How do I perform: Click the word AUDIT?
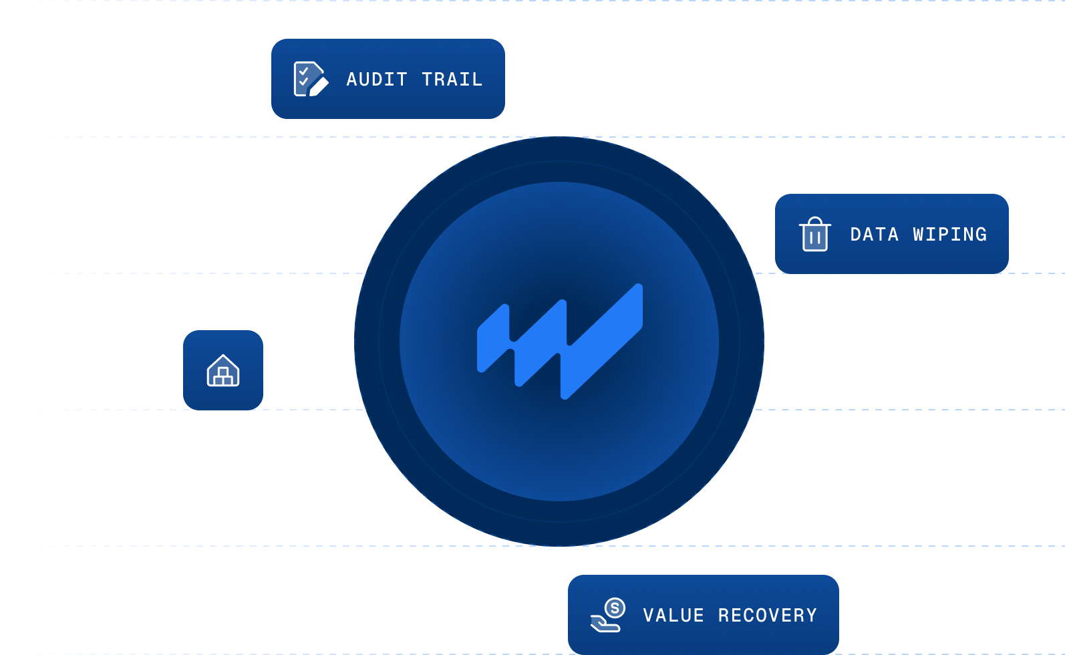click(377, 80)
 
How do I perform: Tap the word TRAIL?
click(452, 80)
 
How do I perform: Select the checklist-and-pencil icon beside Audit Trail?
click(311, 79)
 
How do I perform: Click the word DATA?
click(875, 235)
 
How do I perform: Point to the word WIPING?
click(950, 235)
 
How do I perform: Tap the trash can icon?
click(815, 234)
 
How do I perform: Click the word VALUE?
click(673, 616)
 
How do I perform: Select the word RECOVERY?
click(768, 616)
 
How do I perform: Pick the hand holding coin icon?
click(607, 615)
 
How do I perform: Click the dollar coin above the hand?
click(615, 608)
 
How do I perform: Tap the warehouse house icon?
click(223, 370)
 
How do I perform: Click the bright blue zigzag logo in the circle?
click(560, 342)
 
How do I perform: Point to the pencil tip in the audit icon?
click(313, 93)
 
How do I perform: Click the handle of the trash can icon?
click(815, 221)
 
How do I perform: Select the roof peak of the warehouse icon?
click(223, 356)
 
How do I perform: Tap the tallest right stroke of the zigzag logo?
click(602, 342)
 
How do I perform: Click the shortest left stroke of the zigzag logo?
click(494, 338)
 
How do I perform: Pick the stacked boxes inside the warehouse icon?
click(223, 377)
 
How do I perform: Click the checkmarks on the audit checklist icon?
click(304, 76)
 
